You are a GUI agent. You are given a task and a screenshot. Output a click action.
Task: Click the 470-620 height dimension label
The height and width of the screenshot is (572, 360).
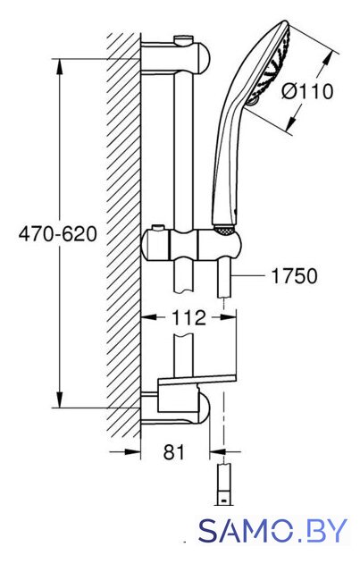pos(58,234)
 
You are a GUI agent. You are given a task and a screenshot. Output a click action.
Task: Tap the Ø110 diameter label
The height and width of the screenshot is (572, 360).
pos(307,91)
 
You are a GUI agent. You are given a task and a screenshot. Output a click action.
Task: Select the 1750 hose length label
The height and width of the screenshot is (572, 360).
pos(295,276)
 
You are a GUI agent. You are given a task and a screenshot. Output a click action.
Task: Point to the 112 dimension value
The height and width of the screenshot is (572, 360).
pos(188,318)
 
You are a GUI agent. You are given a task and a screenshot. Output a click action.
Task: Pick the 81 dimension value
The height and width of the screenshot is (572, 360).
pos(174,452)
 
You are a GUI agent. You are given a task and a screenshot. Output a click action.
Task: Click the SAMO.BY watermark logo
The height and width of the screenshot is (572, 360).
pos(272,530)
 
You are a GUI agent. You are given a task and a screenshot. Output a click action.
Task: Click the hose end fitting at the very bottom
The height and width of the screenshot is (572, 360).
pos(223,484)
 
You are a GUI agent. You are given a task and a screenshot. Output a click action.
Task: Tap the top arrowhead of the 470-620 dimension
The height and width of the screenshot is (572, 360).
pos(60,66)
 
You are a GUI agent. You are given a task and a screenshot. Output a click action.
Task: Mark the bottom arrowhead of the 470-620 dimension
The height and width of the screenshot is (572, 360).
pos(60,400)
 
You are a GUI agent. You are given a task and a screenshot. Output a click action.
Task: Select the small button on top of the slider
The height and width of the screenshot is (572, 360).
pos(157,228)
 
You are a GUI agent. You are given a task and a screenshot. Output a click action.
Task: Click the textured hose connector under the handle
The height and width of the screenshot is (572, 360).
pos(223,230)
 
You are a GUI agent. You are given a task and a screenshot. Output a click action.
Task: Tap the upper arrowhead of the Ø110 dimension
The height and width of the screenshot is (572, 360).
pos(328,59)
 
